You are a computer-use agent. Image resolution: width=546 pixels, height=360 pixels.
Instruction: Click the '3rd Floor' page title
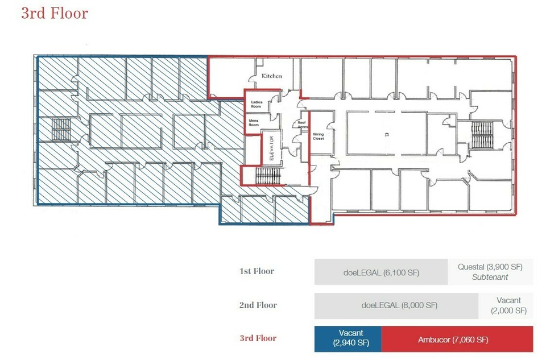55,13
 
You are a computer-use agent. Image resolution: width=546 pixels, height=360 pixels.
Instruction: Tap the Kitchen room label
272,76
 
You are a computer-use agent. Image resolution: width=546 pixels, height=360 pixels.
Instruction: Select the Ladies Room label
257,104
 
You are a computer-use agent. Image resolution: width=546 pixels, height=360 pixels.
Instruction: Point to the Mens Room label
254,122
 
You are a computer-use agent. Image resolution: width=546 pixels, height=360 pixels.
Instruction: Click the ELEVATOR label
272,148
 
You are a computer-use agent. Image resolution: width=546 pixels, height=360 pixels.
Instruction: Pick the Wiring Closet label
318,136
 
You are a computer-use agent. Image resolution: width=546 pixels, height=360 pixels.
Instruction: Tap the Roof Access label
302,125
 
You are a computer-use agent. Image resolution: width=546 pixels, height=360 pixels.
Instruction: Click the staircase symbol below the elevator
268,176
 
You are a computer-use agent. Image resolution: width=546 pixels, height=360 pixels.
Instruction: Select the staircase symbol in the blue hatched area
61,129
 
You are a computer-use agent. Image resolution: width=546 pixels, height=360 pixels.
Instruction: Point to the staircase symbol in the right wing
482,135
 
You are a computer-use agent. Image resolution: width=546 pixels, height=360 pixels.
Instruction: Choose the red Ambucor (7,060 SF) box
457,339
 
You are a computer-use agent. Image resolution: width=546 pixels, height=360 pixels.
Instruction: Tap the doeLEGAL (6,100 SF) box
381,272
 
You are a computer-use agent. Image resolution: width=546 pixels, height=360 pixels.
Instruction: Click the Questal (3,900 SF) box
490,272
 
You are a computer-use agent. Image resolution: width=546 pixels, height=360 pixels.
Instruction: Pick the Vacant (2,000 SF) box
506,305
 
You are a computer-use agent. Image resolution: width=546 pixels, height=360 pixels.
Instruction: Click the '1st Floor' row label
257,271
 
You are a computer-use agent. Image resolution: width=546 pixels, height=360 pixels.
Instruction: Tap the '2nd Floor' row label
258,305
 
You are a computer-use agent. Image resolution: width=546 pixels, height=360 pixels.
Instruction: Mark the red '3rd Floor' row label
258,338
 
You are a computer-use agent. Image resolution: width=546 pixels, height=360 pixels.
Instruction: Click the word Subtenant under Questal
490,277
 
